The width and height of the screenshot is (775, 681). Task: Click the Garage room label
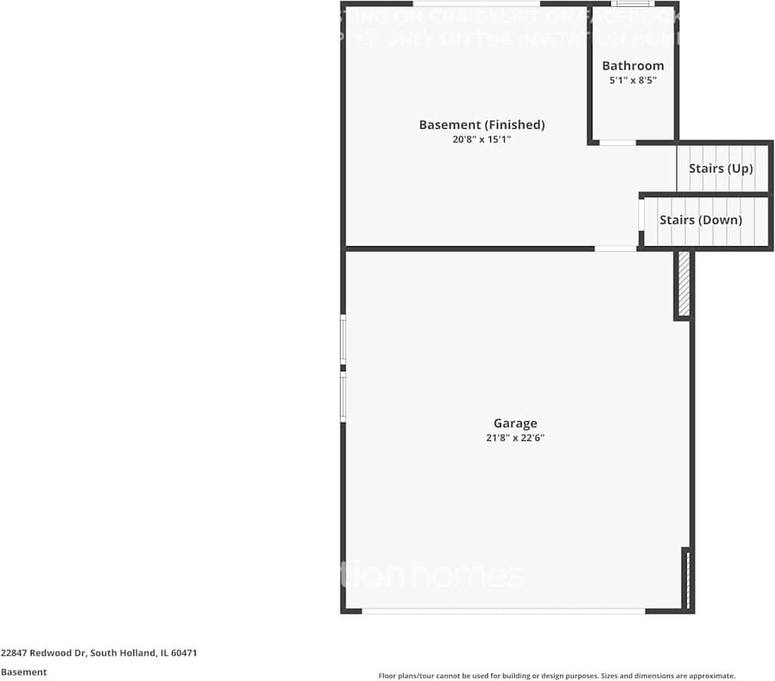coord(515,423)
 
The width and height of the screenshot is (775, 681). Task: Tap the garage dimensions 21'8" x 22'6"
coord(515,438)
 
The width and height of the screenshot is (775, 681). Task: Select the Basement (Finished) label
coord(482,125)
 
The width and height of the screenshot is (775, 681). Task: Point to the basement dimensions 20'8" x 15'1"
coord(482,140)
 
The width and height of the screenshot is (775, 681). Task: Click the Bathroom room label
coord(633,66)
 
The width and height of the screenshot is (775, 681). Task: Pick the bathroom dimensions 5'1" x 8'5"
coord(633,80)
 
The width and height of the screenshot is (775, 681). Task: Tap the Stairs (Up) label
coord(721,168)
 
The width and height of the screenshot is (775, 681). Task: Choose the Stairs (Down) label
coord(701,220)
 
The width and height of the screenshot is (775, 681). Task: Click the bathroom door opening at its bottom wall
coord(617,143)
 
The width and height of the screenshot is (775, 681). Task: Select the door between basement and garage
coord(615,248)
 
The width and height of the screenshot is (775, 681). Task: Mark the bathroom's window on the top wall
coord(633,4)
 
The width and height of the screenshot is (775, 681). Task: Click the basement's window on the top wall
coord(476,4)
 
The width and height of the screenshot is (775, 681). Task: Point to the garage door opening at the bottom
coord(503,611)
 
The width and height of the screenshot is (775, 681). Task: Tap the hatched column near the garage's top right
coord(683,284)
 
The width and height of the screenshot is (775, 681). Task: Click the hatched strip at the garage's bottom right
coord(688,579)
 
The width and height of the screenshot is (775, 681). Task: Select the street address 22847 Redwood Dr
coord(44,653)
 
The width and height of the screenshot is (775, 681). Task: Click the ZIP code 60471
coord(184,653)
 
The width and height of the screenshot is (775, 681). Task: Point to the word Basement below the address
coord(24,672)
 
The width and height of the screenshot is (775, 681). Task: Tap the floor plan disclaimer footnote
coord(557,676)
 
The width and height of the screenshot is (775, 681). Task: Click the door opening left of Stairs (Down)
coord(641,215)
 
